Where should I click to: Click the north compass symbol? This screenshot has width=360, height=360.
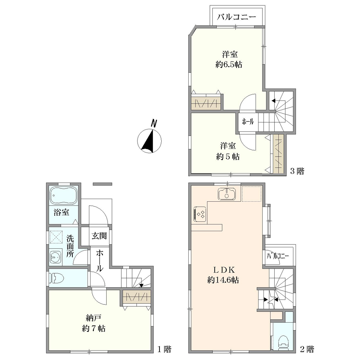[149, 139]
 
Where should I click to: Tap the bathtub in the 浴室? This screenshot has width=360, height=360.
[63, 195]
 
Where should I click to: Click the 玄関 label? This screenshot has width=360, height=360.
[99, 236]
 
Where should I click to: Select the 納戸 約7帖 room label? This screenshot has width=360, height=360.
[94, 323]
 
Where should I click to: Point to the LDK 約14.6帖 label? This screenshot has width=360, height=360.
[223, 275]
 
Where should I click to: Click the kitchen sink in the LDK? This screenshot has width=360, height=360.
[227, 193]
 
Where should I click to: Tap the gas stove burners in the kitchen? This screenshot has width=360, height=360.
[200, 214]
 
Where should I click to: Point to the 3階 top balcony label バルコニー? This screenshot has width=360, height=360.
[237, 17]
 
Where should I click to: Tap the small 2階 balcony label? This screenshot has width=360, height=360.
[278, 256]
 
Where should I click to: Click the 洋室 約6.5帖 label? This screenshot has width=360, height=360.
[229, 59]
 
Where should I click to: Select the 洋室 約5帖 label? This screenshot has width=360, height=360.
[228, 151]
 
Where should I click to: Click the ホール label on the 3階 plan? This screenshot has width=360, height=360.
[248, 121]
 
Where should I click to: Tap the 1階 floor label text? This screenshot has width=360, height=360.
[165, 350]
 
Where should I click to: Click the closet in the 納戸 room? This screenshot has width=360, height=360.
[136, 297]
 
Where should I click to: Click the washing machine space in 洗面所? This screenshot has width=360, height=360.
[56, 237]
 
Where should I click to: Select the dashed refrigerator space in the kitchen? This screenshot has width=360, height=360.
[252, 194]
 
